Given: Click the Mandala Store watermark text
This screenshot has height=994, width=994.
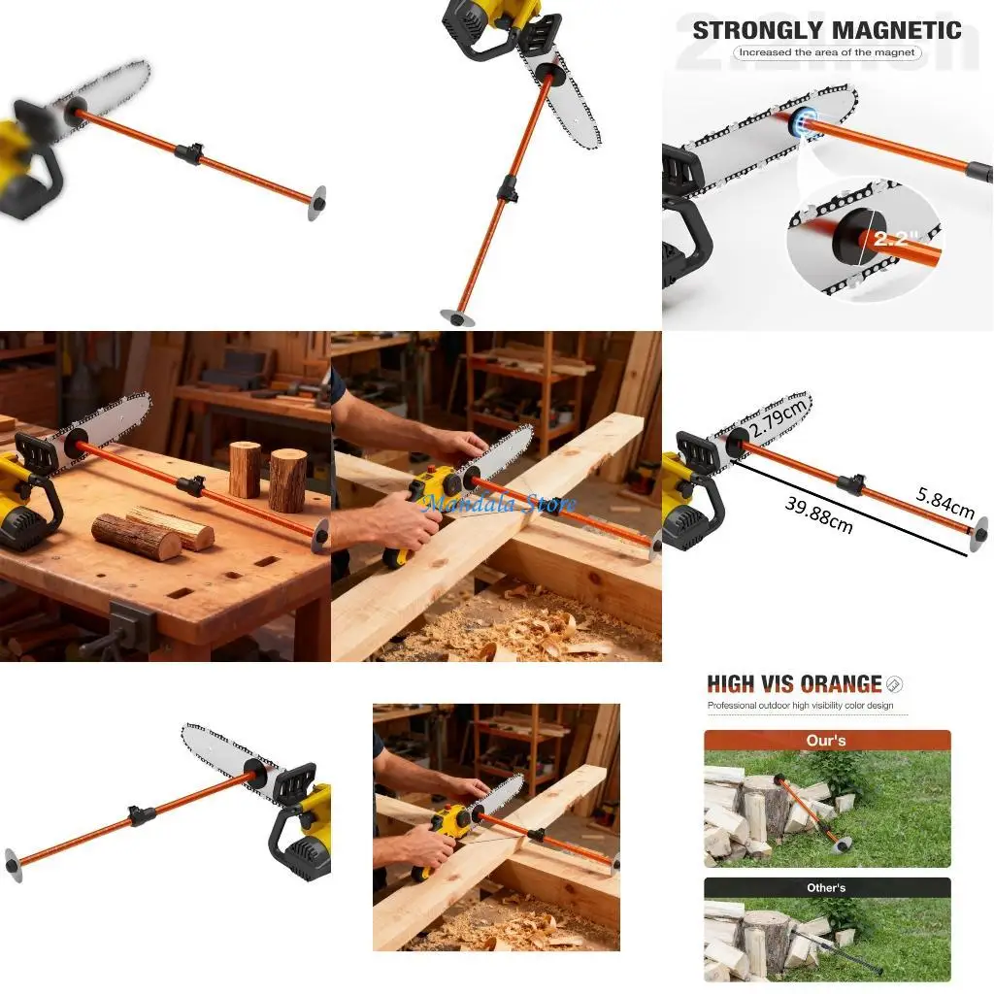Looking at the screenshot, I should coord(499,503).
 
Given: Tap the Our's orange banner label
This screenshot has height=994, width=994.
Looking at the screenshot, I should coord(826,741).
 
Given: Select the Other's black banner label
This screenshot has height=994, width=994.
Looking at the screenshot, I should coord(826,887).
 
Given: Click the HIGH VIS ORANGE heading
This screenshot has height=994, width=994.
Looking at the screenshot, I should coord(794,684).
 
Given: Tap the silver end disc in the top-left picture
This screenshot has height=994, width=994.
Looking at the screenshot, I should coord(316,203).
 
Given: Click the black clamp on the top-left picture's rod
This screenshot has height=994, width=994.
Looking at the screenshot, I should coord(188,151).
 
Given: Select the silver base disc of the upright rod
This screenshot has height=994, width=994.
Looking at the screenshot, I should coord(456,316).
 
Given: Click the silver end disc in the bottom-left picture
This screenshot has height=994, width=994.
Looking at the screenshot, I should coord(14,864).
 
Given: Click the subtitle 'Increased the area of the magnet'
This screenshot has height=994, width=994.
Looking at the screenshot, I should coord(826,52).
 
